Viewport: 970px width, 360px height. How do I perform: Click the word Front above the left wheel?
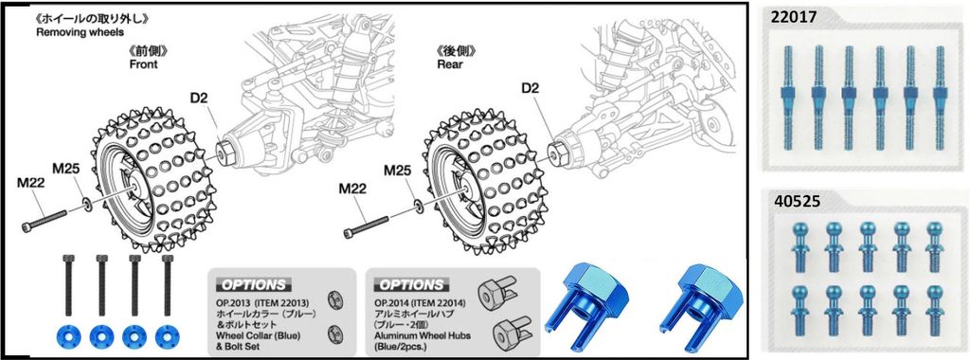(144, 64)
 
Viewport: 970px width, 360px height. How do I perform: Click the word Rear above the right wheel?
(450, 64)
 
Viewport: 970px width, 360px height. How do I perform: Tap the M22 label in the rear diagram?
(352, 189)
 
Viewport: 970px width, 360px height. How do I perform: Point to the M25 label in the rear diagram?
(399, 170)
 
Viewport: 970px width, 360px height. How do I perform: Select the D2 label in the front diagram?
(200, 98)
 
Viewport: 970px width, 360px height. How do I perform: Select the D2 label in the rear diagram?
(530, 89)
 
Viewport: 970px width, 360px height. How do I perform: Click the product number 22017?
(793, 18)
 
